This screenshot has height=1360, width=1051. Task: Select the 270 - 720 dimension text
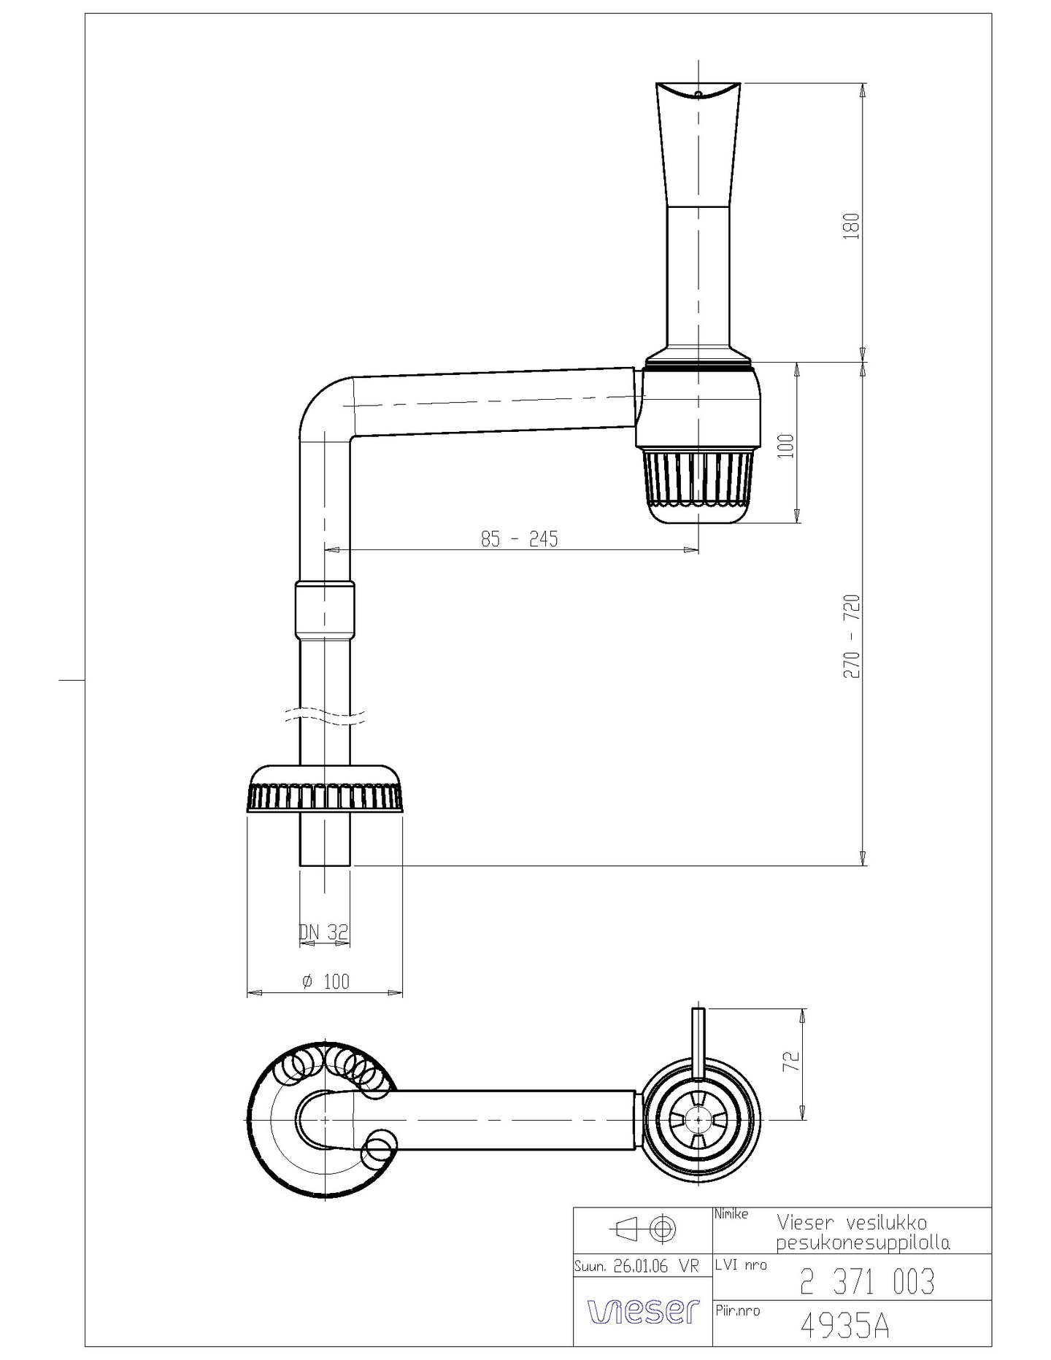[x=852, y=636]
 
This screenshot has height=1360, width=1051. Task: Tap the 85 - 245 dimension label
[x=519, y=539]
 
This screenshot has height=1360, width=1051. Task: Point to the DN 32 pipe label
[x=324, y=932]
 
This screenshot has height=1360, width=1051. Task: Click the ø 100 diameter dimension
[x=326, y=981]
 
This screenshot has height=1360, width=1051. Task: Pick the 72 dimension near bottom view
[x=792, y=1062]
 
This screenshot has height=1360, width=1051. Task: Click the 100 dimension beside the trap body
[x=786, y=445]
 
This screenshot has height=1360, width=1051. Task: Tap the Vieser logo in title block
[x=643, y=1311]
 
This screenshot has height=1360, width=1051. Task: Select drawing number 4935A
[x=844, y=1326]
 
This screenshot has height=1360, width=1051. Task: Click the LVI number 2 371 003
[x=866, y=1282]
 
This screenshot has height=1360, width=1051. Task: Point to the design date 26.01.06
[x=640, y=1267]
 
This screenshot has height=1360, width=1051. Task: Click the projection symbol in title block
[x=643, y=1229]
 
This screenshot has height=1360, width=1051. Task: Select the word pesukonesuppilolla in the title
[x=863, y=1243]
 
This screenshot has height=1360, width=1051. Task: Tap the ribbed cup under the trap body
[x=698, y=482]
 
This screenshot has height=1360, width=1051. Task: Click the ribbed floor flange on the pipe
[x=326, y=790]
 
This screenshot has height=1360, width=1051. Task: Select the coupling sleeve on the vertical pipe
[x=325, y=609]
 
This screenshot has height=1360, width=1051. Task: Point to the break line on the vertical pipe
[x=325, y=716]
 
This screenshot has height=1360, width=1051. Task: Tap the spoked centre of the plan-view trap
[x=698, y=1118]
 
